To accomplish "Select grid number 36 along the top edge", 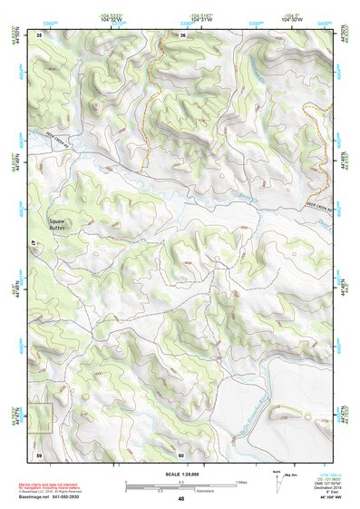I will tap(182, 35).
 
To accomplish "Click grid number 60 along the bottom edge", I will tap(181, 454).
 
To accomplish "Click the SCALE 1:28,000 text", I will tap(180, 474).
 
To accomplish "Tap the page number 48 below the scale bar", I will tap(180, 499).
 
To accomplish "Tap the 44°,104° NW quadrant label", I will tap(325, 498).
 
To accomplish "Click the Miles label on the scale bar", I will tap(241, 482).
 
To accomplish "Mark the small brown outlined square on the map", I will tap(41, 416).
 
